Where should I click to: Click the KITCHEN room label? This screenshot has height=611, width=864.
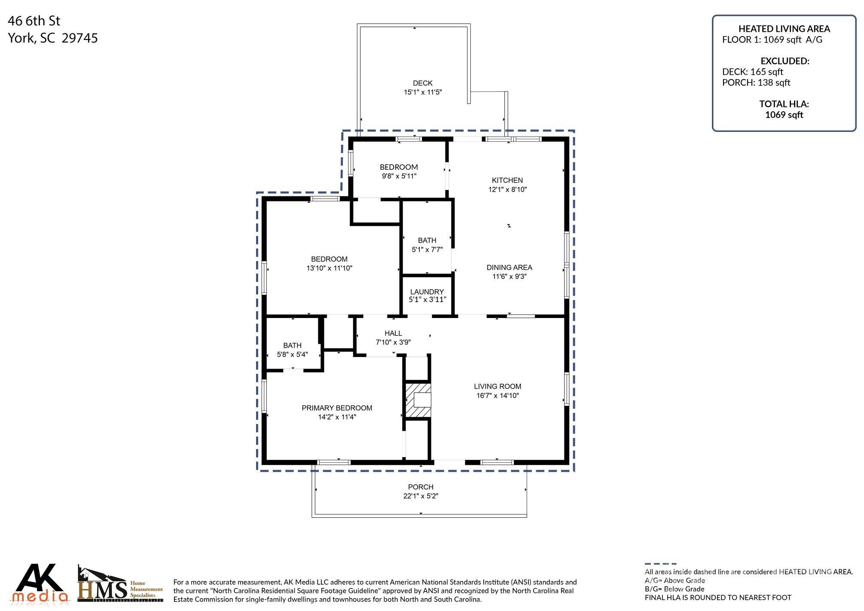click(507, 180)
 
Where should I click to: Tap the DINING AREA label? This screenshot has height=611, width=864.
click(509, 267)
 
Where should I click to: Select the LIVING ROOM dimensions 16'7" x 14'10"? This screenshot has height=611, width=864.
click(498, 396)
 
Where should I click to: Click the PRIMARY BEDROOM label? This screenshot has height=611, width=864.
click(337, 408)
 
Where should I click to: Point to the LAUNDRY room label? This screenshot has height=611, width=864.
click(427, 292)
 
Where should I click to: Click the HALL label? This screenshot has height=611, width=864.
click(393, 333)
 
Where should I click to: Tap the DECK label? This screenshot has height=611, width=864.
click(422, 83)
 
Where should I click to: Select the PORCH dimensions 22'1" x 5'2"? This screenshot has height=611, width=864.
click(421, 496)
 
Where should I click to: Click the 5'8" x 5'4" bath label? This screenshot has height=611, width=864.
click(292, 350)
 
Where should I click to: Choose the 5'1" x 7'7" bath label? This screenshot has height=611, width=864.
click(427, 245)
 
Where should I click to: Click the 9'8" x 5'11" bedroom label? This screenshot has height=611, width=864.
click(399, 171)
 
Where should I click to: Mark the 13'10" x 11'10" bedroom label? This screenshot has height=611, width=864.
click(329, 263)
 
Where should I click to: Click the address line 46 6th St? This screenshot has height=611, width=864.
click(34, 21)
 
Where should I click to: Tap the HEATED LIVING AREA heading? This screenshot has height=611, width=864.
click(784, 29)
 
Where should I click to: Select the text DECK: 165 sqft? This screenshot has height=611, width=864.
click(752, 72)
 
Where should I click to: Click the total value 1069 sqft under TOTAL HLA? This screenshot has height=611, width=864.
click(784, 115)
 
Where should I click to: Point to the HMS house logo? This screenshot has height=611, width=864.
click(103, 584)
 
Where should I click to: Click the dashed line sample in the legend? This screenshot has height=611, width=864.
click(660, 564)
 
